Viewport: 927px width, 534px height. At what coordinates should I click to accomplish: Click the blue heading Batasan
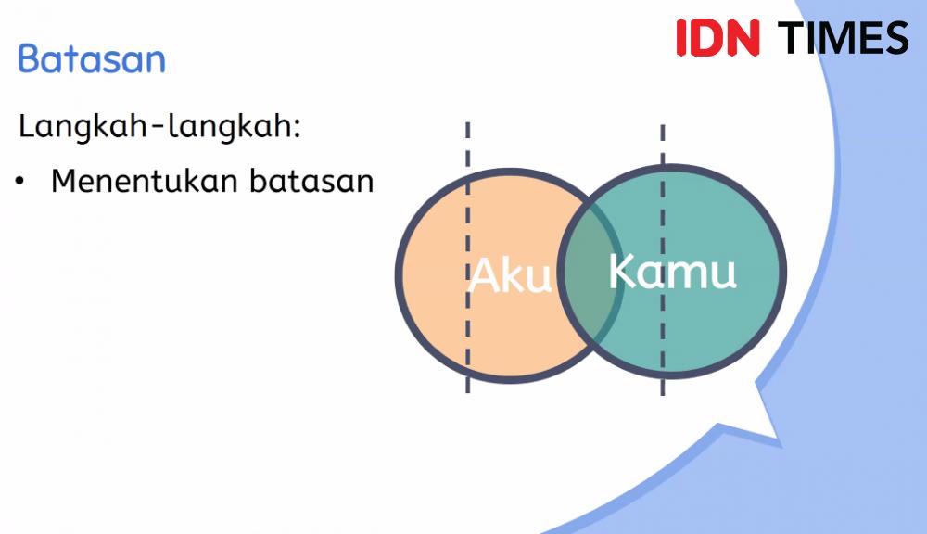click(x=92, y=59)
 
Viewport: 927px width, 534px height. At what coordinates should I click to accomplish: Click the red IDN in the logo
click(x=717, y=38)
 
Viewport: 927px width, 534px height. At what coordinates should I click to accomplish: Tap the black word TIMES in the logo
click(x=843, y=38)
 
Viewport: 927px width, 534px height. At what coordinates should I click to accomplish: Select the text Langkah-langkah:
click(x=159, y=127)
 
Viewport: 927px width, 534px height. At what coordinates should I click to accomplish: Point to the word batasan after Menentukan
click(x=311, y=181)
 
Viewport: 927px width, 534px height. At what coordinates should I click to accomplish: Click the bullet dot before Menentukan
click(x=20, y=181)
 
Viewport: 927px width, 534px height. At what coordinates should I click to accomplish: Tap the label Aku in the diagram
click(x=510, y=275)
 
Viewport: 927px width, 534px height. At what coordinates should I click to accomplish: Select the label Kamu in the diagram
click(x=673, y=271)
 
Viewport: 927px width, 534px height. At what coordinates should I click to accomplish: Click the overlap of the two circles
click(x=590, y=273)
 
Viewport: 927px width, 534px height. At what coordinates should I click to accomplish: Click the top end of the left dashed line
click(x=467, y=123)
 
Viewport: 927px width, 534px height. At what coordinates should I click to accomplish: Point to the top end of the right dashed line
click(x=663, y=125)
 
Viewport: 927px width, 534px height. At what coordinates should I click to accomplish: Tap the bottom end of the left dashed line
click(x=467, y=392)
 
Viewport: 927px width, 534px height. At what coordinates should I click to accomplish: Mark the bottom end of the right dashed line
click(x=663, y=394)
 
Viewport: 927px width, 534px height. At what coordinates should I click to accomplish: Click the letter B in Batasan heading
click(x=29, y=58)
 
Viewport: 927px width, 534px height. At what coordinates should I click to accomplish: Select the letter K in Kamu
click(x=621, y=271)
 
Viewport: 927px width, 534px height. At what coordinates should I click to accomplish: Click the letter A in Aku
click(x=483, y=275)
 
